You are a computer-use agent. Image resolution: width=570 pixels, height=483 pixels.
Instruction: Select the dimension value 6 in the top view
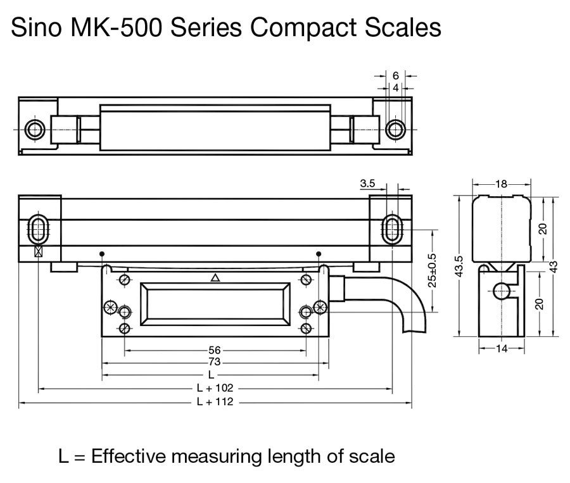click(x=395, y=75)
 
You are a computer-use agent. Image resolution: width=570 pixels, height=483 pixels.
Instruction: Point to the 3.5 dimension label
click(x=367, y=184)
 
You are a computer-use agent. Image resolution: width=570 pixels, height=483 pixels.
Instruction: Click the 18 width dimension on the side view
click(x=501, y=184)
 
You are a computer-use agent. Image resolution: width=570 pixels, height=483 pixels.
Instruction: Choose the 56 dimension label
click(x=215, y=350)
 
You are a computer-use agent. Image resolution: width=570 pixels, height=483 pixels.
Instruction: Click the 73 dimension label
click(x=215, y=362)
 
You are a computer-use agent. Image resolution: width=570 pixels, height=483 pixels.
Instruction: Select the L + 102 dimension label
click(x=215, y=387)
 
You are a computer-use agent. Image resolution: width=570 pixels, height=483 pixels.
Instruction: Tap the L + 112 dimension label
click(x=215, y=401)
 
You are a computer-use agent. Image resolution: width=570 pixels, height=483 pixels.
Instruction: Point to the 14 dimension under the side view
click(x=501, y=348)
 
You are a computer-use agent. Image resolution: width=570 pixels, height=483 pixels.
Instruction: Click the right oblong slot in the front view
click(x=391, y=228)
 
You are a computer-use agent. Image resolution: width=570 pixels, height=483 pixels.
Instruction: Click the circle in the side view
click(x=502, y=291)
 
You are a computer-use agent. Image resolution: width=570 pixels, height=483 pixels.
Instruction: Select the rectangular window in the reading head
click(x=215, y=305)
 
